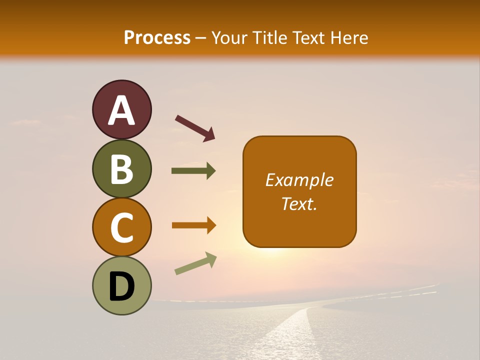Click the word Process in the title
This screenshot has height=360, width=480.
click(157, 38)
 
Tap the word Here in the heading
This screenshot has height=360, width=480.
click(350, 38)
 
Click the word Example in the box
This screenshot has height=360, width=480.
click(299, 180)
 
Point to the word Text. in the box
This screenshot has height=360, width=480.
click(299, 203)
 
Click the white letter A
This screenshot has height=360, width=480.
click(121, 111)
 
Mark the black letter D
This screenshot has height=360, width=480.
click(121, 286)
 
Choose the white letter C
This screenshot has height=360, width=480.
click(121, 228)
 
